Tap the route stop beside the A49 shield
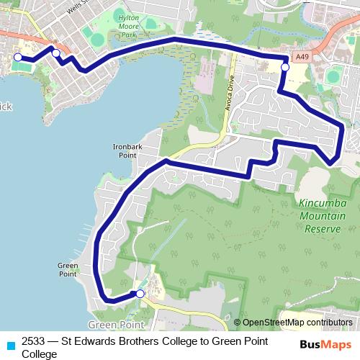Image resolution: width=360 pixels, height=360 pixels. point(285,67)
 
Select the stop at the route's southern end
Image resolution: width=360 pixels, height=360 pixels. point(140,293)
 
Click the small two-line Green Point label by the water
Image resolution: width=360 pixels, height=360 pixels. point(67,269)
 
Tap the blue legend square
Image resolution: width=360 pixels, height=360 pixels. point(9,343)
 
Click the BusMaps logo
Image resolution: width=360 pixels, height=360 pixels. point(325,344)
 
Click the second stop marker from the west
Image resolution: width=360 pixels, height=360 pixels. point(55,53)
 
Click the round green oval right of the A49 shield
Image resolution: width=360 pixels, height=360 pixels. point(333,76)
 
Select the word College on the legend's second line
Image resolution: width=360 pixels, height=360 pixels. point(40,354)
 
